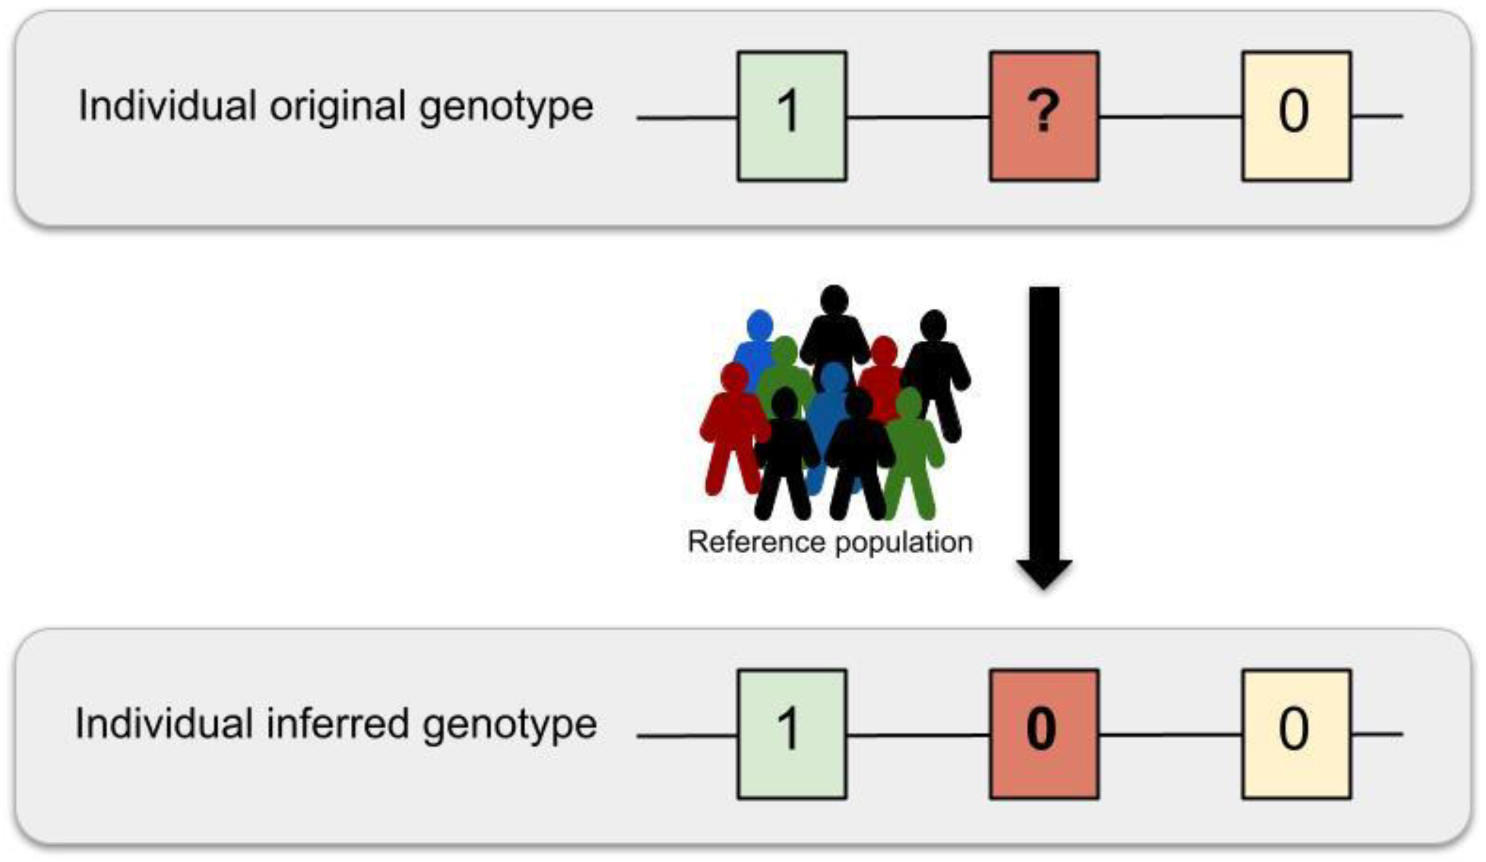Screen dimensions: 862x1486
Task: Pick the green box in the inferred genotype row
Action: [x=792, y=734]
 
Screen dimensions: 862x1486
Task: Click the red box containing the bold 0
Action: [x=1044, y=734]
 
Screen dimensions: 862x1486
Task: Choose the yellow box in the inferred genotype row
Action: [x=1296, y=734]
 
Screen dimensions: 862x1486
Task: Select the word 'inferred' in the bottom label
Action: [x=337, y=724]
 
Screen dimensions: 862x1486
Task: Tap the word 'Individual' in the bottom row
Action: [x=164, y=724]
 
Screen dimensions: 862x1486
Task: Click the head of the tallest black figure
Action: [x=834, y=300]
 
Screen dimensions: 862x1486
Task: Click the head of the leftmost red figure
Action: [x=734, y=377]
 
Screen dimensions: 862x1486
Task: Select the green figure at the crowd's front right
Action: [x=913, y=455]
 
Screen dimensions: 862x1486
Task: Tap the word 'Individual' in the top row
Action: [x=167, y=106]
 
